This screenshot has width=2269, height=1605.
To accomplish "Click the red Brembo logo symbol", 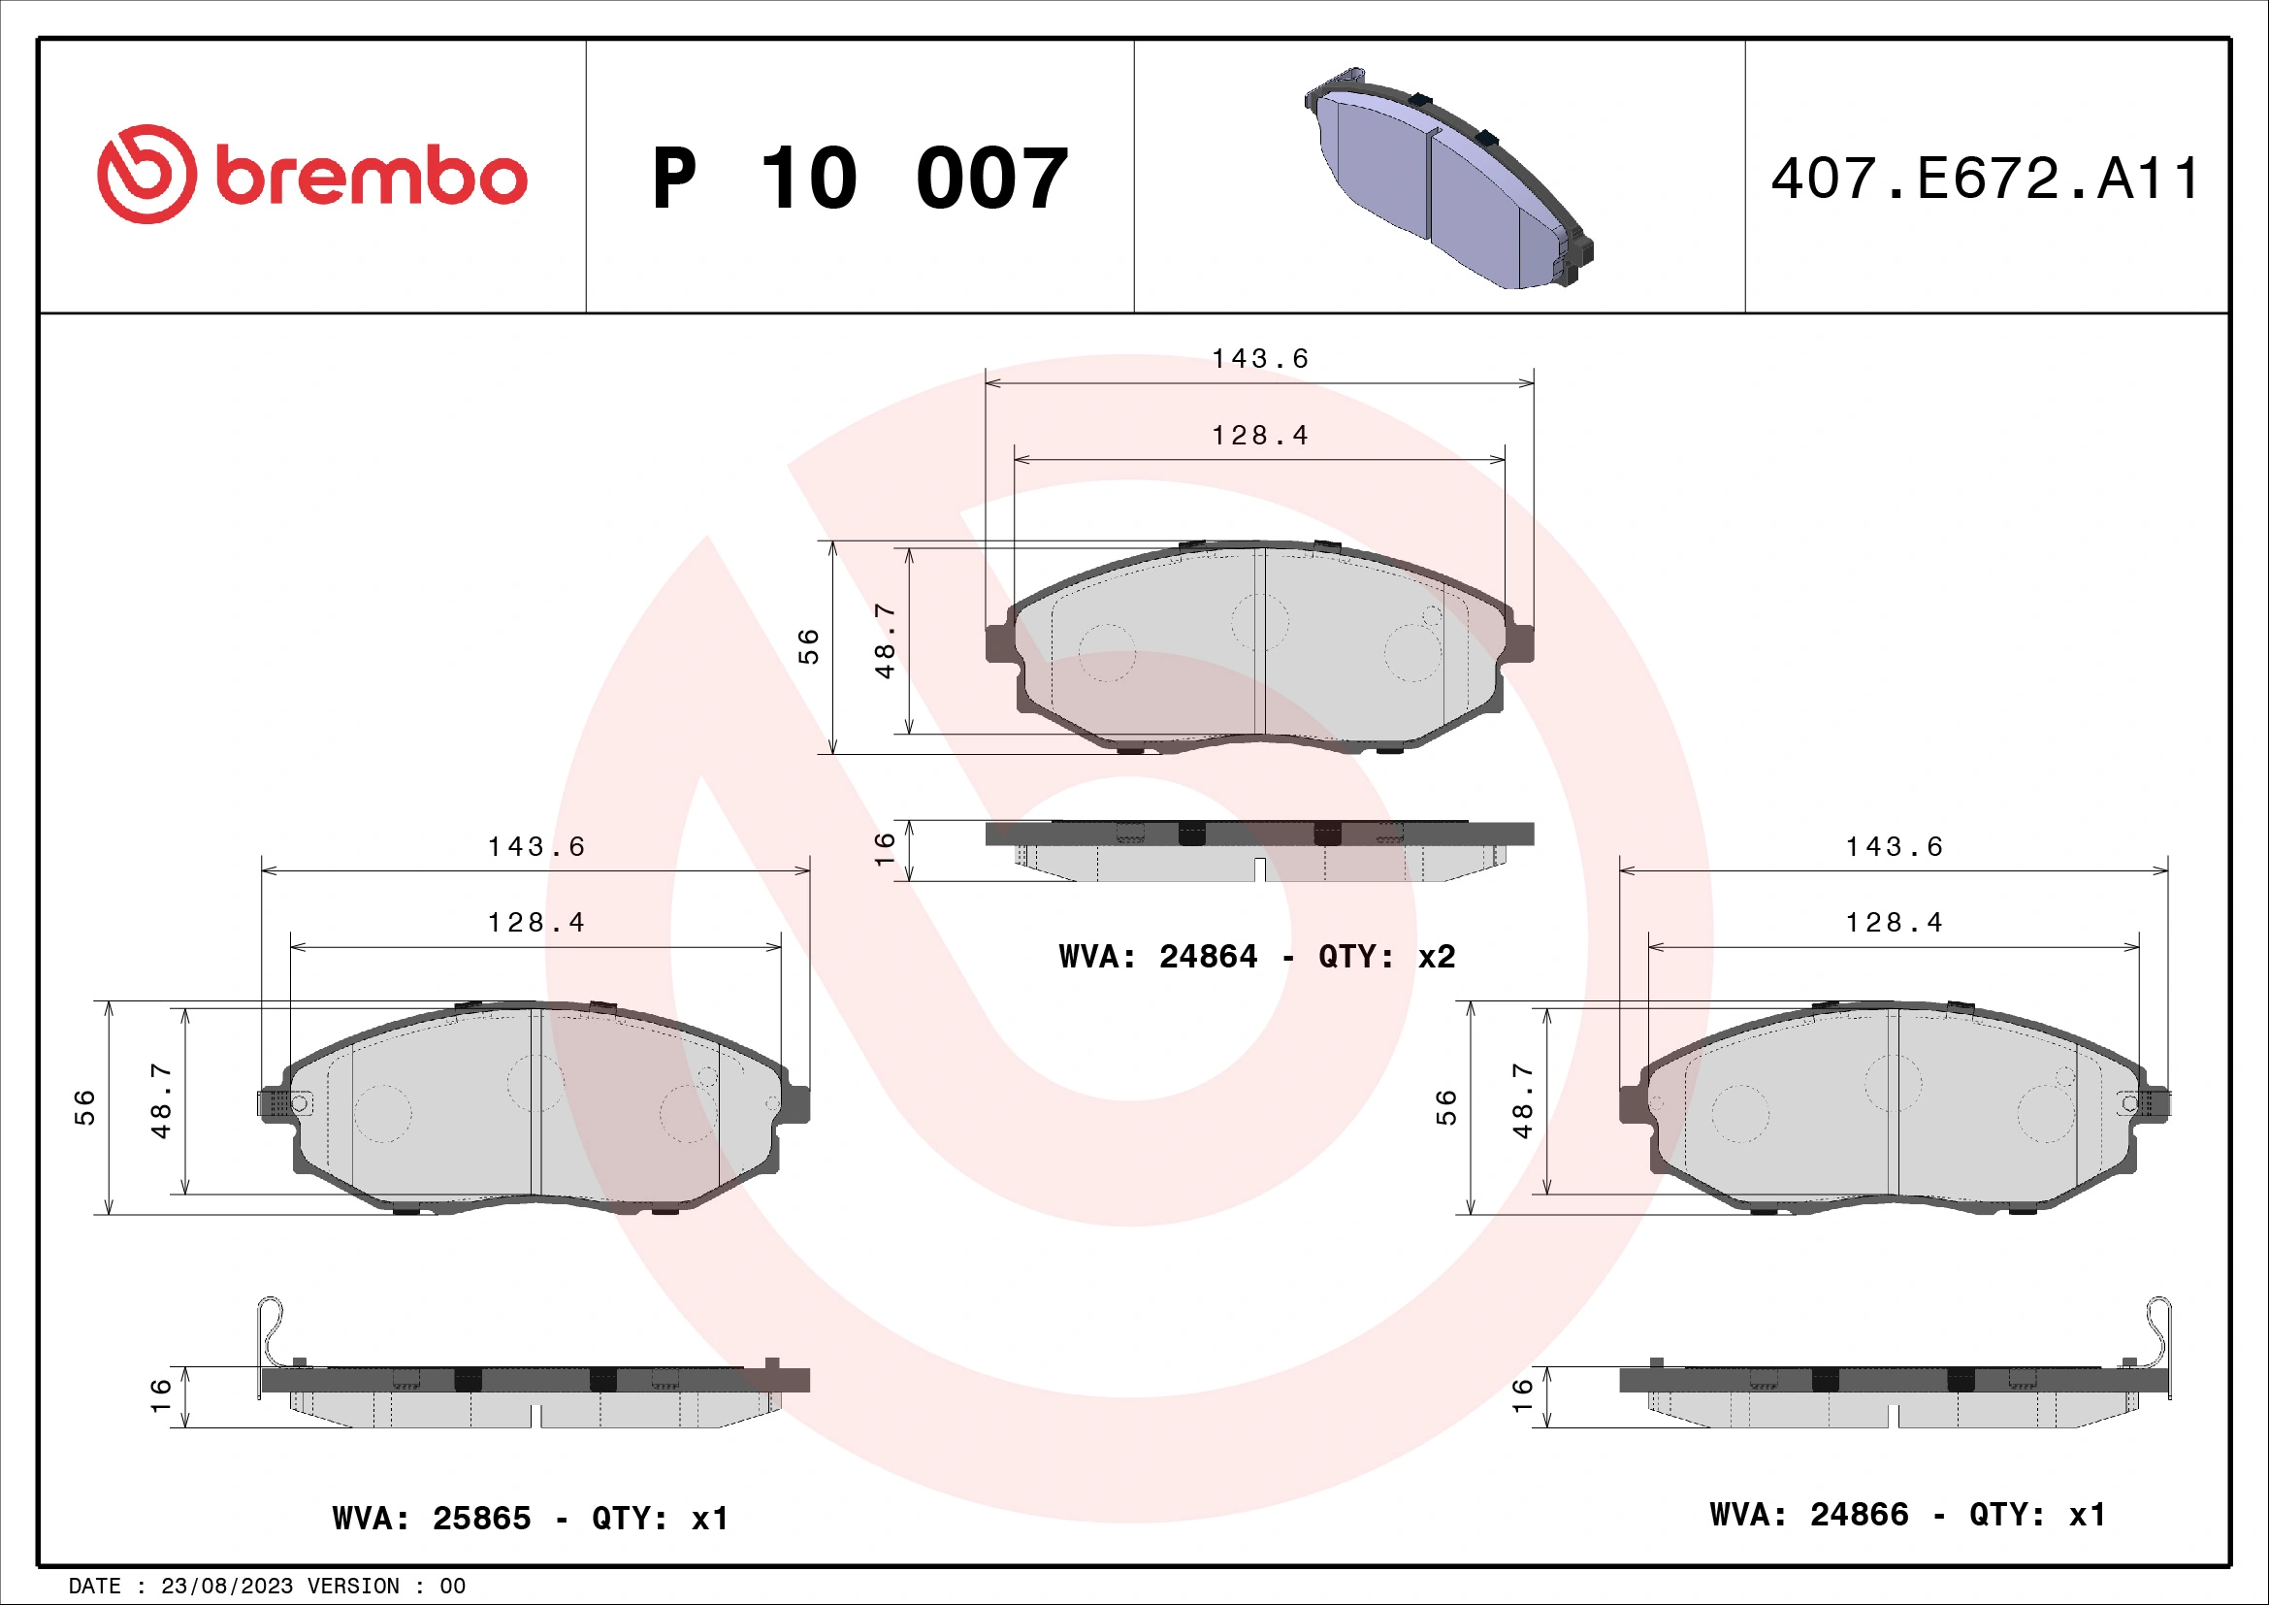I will click(146, 174).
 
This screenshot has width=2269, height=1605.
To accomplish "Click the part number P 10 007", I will click(859, 179).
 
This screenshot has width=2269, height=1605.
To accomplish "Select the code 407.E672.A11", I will click(1985, 179).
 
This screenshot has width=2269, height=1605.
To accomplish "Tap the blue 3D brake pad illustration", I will click(1447, 179).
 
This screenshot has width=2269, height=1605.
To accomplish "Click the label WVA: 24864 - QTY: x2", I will click(1256, 957).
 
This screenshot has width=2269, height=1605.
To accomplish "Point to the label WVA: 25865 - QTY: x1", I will click(531, 1518).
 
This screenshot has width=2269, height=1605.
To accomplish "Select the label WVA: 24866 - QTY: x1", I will click(1907, 1515).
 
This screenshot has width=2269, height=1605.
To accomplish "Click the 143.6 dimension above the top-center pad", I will click(1260, 359).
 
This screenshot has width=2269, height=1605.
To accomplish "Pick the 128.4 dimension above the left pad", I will click(536, 923).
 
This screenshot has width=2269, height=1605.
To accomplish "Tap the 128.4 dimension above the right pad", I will click(1895, 923).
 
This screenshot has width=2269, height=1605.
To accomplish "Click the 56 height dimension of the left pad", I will click(86, 1107).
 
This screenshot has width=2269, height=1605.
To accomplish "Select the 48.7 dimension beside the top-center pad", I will click(886, 641).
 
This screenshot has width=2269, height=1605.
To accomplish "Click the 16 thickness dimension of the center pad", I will click(885, 848).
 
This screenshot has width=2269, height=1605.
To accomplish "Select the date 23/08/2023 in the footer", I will click(226, 1587).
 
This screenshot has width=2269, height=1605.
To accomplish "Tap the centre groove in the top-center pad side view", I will click(1260, 869).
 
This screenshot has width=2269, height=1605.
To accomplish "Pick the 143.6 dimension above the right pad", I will click(1895, 847).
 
